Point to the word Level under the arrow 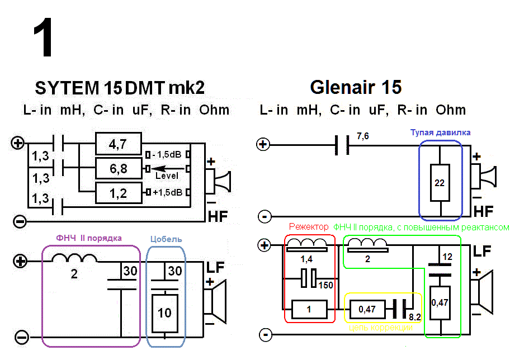(x=167, y=176)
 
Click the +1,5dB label (x=168, y=193)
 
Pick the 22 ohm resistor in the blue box (x=441, y=182)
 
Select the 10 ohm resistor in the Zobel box (x=164, y=312)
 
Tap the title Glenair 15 (x=356, y=88)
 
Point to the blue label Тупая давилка (x=441, y=132)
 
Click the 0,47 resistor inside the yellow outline (x=367, y=308)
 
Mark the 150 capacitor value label (x=325, y=286)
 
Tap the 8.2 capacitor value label (x=414, y=316)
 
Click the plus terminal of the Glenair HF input (x=263, y=145)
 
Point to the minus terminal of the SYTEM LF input (x=21, y=338)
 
